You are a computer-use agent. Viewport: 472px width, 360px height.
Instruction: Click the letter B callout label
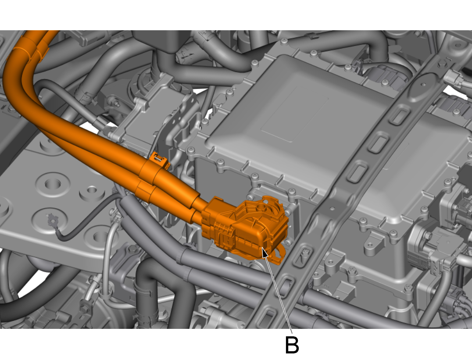tap(292, 345)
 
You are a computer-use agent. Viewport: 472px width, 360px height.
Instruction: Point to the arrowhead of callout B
tap(264, 252)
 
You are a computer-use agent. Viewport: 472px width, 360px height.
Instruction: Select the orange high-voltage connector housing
tap(245, 228)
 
